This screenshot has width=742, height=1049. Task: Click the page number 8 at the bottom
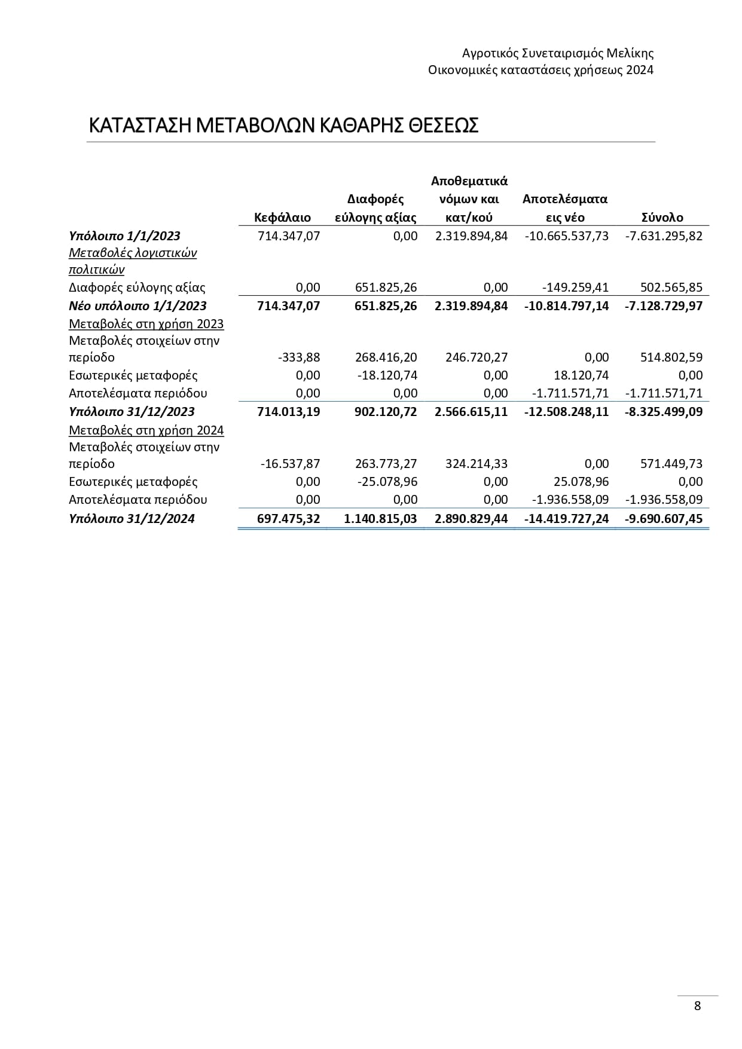click(x=697, y=1005)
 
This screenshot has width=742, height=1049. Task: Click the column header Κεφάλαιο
click(x=282, y=218)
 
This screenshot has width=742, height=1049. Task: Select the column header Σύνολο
click(x=662, y=218)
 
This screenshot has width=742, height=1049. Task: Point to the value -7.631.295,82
click(x=664, y=236)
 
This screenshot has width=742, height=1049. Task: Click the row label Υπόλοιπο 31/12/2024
click(x=132, y=519)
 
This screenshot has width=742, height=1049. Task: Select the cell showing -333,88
click(x=299, y=357)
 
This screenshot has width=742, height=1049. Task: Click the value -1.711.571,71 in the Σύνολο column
click(x=664, y=393)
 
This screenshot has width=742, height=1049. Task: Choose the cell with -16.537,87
click(x=291, y=464)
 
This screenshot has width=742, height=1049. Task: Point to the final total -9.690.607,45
click(x=664, y=519)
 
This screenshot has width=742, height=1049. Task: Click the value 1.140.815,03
click(x=380, y=519)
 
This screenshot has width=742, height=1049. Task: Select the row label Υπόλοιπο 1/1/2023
click(x=124, y=236)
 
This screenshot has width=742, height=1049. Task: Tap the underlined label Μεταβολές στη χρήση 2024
click(x=146, y=430)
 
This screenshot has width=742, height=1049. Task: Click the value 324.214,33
click(x=477, y=464)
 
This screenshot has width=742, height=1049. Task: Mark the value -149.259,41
click(x=575, y=288)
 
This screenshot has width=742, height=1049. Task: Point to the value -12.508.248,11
click(x=567, y=412)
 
